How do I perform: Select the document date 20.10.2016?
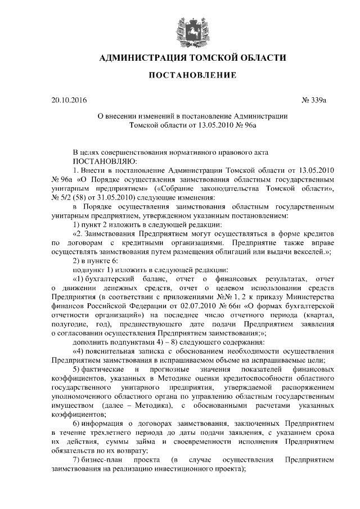(69, 101)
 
